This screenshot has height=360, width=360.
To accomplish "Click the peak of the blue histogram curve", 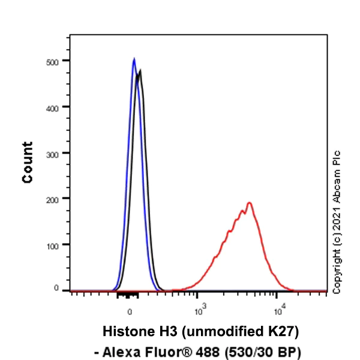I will tap(134, 59).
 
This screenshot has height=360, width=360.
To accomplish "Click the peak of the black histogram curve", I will tap(140, 71).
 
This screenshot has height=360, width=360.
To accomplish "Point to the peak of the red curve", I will tap(248, 203).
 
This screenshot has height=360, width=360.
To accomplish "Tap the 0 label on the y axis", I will tap(57, 289).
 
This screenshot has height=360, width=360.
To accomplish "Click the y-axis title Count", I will tap(28, 162).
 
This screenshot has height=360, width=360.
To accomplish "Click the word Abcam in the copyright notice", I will tap(337, 184).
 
